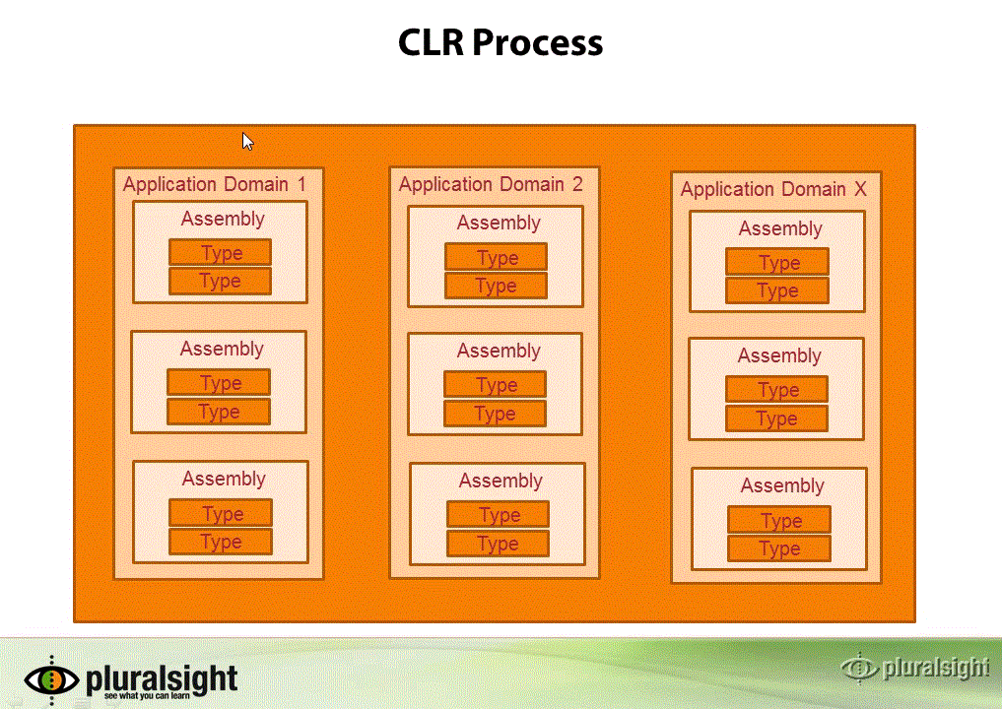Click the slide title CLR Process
501,42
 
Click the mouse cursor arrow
248,141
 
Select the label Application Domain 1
215,184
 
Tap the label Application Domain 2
491,184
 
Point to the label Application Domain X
773,189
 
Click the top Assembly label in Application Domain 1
223,219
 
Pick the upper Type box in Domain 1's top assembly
221,252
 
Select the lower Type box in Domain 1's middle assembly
219,412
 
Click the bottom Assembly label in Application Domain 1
224,479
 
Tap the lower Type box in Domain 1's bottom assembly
221,542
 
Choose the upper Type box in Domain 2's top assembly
496,257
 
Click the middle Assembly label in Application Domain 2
499,351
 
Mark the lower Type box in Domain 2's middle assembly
496,414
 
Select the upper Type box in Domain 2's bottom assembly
498,515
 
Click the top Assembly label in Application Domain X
780,228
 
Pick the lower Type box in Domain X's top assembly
777,290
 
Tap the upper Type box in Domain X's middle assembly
777,389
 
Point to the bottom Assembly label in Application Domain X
782,486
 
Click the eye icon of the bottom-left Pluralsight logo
52,679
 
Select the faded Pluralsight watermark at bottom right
915,668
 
